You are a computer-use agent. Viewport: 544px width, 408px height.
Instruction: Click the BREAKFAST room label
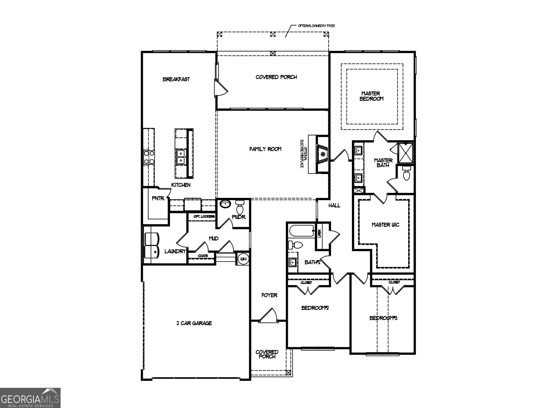[x=176, y=79]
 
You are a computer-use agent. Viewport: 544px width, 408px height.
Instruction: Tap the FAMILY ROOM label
[x=265, y=149]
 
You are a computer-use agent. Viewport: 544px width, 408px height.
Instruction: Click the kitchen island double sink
[x=181, y=157]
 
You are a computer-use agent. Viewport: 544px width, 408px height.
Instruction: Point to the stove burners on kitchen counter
[x=149, y=157]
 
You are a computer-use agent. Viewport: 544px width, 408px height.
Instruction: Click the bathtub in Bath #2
[x=301, y=231]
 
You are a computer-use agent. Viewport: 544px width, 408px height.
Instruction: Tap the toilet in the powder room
[x=240, y=207]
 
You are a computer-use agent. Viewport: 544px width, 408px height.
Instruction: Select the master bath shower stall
[x=405, y=152]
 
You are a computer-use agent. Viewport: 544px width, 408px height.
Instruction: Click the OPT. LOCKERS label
[x=204, y=216]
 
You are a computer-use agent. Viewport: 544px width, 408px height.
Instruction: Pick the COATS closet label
[x=202, y=256]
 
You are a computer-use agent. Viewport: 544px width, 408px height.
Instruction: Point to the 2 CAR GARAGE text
[x=194, y=323]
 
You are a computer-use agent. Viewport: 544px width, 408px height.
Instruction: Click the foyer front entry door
[x=268, y=316]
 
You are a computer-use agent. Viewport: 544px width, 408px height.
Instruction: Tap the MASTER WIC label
[x=385, y=225]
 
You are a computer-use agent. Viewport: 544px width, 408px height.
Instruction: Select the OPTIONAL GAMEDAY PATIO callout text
[x=316, y=26]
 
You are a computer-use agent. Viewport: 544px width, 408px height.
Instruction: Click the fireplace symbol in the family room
[x=323, y=154]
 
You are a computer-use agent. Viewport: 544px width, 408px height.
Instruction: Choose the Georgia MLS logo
[x=30, y=398]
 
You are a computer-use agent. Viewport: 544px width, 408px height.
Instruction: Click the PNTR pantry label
[x=158, y=198]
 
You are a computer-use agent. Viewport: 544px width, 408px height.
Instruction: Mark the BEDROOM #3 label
[x=383, y=318]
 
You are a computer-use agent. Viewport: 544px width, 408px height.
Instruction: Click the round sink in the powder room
[x=226, y=204]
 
